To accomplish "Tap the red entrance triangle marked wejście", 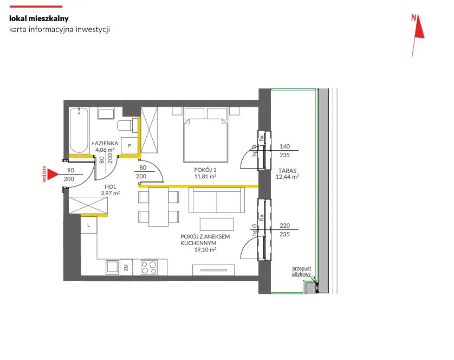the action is click(53, 174).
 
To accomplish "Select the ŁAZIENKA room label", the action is click(105, 143).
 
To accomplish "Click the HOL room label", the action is click(111, 187).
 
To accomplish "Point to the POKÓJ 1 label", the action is click(205, 170).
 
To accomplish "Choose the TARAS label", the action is click(287, 171).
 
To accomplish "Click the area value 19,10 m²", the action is click(205, 249).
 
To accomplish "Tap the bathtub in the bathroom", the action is click(79, 130).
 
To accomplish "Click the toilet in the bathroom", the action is click(127, 125).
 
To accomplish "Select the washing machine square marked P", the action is click(129, 145).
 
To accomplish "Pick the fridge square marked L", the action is click(89, 225).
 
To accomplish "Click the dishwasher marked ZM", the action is click(126, 267).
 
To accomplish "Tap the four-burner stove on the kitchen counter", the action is click(149, 267).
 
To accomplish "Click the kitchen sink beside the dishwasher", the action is click(112, 267).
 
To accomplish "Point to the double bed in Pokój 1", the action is click(205, 135).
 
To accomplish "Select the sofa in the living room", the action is click(217, 200).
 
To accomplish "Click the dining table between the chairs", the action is click(158, 207).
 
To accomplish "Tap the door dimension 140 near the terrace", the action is click(284, 146).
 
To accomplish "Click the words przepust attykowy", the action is click(301, 271).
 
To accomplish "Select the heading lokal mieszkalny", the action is click(39, 18).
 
